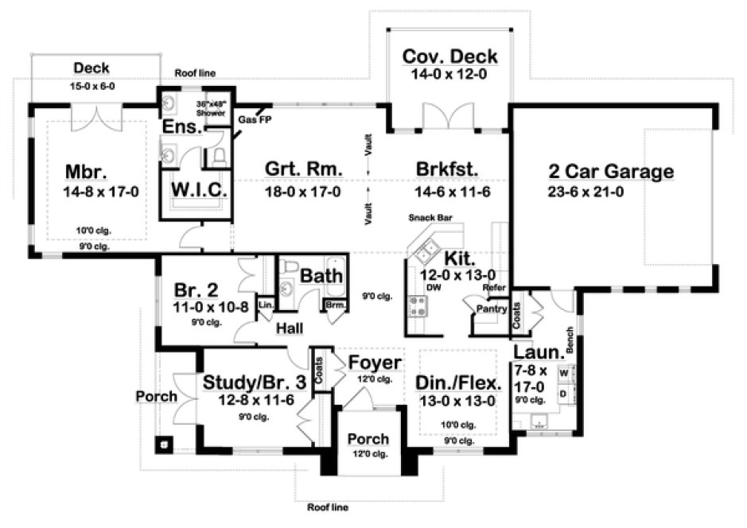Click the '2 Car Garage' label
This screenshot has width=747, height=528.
611,171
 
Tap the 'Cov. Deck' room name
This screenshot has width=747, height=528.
449,56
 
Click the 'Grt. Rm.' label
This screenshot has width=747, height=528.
302,169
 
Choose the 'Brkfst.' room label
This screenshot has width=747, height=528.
445,169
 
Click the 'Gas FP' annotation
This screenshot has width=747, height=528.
253,119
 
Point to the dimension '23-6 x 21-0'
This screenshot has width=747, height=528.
611,192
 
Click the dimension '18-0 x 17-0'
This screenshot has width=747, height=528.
302,192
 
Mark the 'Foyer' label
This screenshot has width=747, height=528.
375,363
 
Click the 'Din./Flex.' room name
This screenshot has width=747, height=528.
459,382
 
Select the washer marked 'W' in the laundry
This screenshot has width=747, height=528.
564,372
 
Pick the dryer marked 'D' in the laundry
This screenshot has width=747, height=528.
564,393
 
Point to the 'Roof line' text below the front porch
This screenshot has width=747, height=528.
327,506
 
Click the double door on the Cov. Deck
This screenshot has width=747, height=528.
449,117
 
